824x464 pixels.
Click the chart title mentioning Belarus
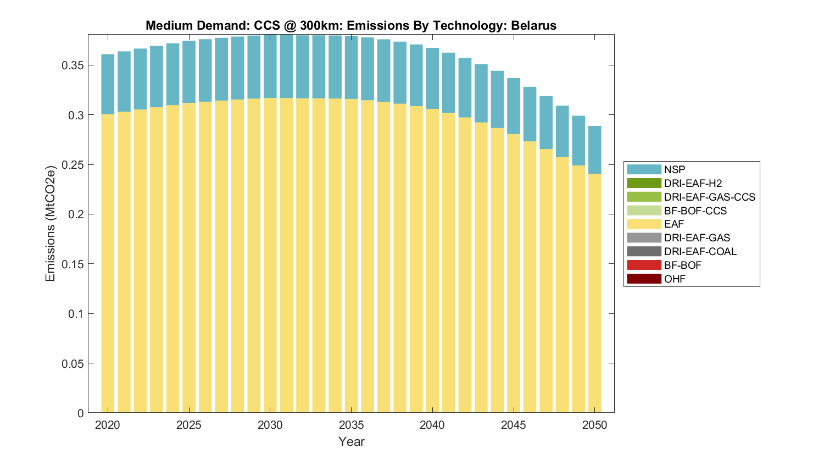click(351, 26)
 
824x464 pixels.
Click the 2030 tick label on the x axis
click(270, 425)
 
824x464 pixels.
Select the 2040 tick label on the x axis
click(432, 425)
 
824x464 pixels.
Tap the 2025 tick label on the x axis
click(189, 425)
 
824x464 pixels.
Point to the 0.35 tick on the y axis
click(73, 65)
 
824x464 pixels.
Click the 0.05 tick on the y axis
click(73, 363)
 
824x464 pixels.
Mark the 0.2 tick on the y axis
click(76, 214)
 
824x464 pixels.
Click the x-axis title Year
click(352, 441)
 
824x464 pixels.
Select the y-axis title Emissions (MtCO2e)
click(51, 223)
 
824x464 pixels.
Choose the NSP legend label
click(675, 170)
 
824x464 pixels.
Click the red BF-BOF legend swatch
click(644, 266)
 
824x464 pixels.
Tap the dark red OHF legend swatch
click(644, 279)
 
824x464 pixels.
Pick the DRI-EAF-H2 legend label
click(693, 184)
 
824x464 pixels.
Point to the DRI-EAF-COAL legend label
click(700, 252)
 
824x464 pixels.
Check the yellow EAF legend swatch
click(644, 224)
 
